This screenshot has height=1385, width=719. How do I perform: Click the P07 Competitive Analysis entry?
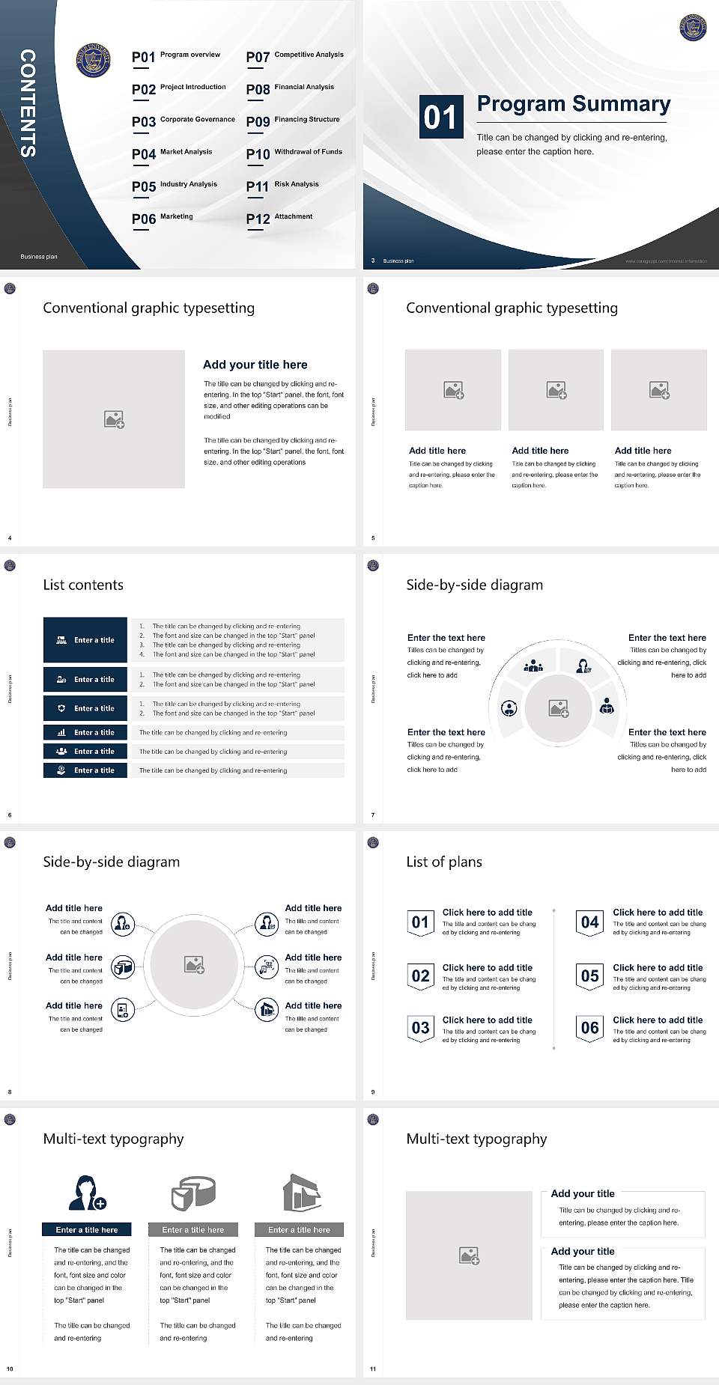coord(294,56)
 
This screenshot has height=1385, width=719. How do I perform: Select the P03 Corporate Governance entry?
coord(183,121)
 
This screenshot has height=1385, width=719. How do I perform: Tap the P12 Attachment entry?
coord(279,218)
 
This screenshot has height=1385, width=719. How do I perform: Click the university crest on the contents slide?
coord(94,59)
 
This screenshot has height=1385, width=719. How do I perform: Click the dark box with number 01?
coord(440,117)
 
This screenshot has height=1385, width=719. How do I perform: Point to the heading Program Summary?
coord(573,104)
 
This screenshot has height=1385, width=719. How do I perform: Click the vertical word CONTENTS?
coord(28,103)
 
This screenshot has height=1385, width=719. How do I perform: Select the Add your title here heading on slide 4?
coord(255,365)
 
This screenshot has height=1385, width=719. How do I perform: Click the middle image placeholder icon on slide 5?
coord(556,390)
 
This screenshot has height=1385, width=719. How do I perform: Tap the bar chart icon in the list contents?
coord(61,732)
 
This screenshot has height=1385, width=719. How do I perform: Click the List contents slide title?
coord(83,585)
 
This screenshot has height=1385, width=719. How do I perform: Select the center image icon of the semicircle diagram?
coord(559,707)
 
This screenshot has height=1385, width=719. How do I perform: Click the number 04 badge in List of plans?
coord(590,922)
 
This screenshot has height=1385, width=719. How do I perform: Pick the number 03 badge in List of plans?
coord(420,1028)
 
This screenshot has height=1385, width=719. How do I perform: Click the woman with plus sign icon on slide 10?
coord(88,1193)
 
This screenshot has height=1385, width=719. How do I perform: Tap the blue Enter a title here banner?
coord(87,1229)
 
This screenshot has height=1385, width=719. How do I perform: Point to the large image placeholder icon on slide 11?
coord(469,1255)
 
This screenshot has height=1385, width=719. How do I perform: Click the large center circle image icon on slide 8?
coord(195,965)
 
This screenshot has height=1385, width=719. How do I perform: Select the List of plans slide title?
coord(444,862)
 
